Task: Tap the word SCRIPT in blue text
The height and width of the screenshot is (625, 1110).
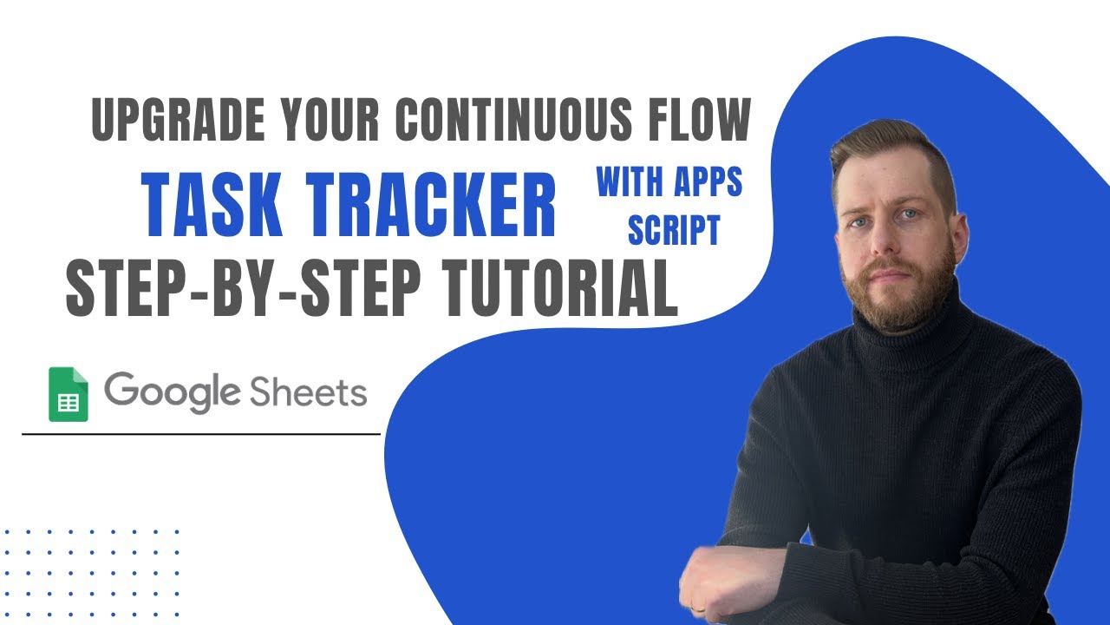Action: tap(674, 229)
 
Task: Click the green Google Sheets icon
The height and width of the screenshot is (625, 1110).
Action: tap(69, 394)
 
